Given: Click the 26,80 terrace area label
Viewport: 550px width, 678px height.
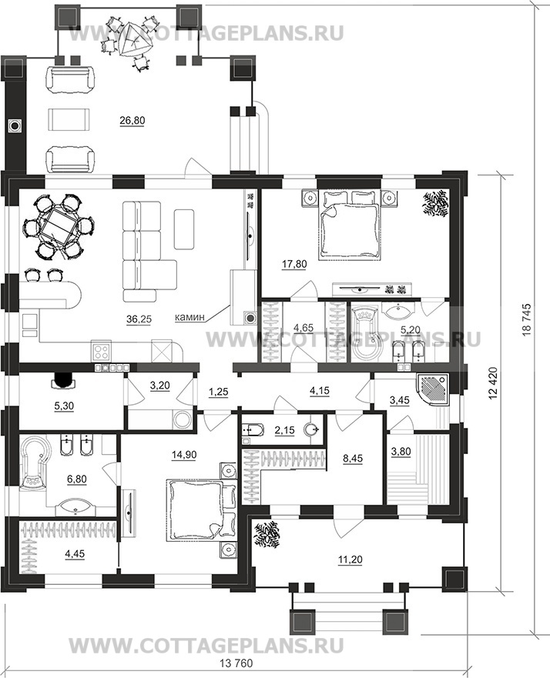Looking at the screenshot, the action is point(132,121).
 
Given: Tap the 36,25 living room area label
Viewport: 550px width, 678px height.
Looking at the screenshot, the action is point(139,319).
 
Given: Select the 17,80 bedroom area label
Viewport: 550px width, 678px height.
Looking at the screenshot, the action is point(294,264).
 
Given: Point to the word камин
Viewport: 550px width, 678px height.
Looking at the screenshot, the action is point(189,317).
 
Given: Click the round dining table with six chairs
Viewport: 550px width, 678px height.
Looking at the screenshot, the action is point(59,225).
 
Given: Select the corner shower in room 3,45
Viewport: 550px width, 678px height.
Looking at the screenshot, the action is point(432,390).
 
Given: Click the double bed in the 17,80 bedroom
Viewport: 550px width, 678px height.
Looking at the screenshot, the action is point(350,225).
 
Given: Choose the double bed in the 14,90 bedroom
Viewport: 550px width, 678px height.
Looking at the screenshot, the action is point(195,509).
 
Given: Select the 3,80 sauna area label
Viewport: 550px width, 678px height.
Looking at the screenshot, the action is point(401,452).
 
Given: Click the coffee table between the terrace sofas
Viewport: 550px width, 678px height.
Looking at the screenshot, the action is point(69,120).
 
